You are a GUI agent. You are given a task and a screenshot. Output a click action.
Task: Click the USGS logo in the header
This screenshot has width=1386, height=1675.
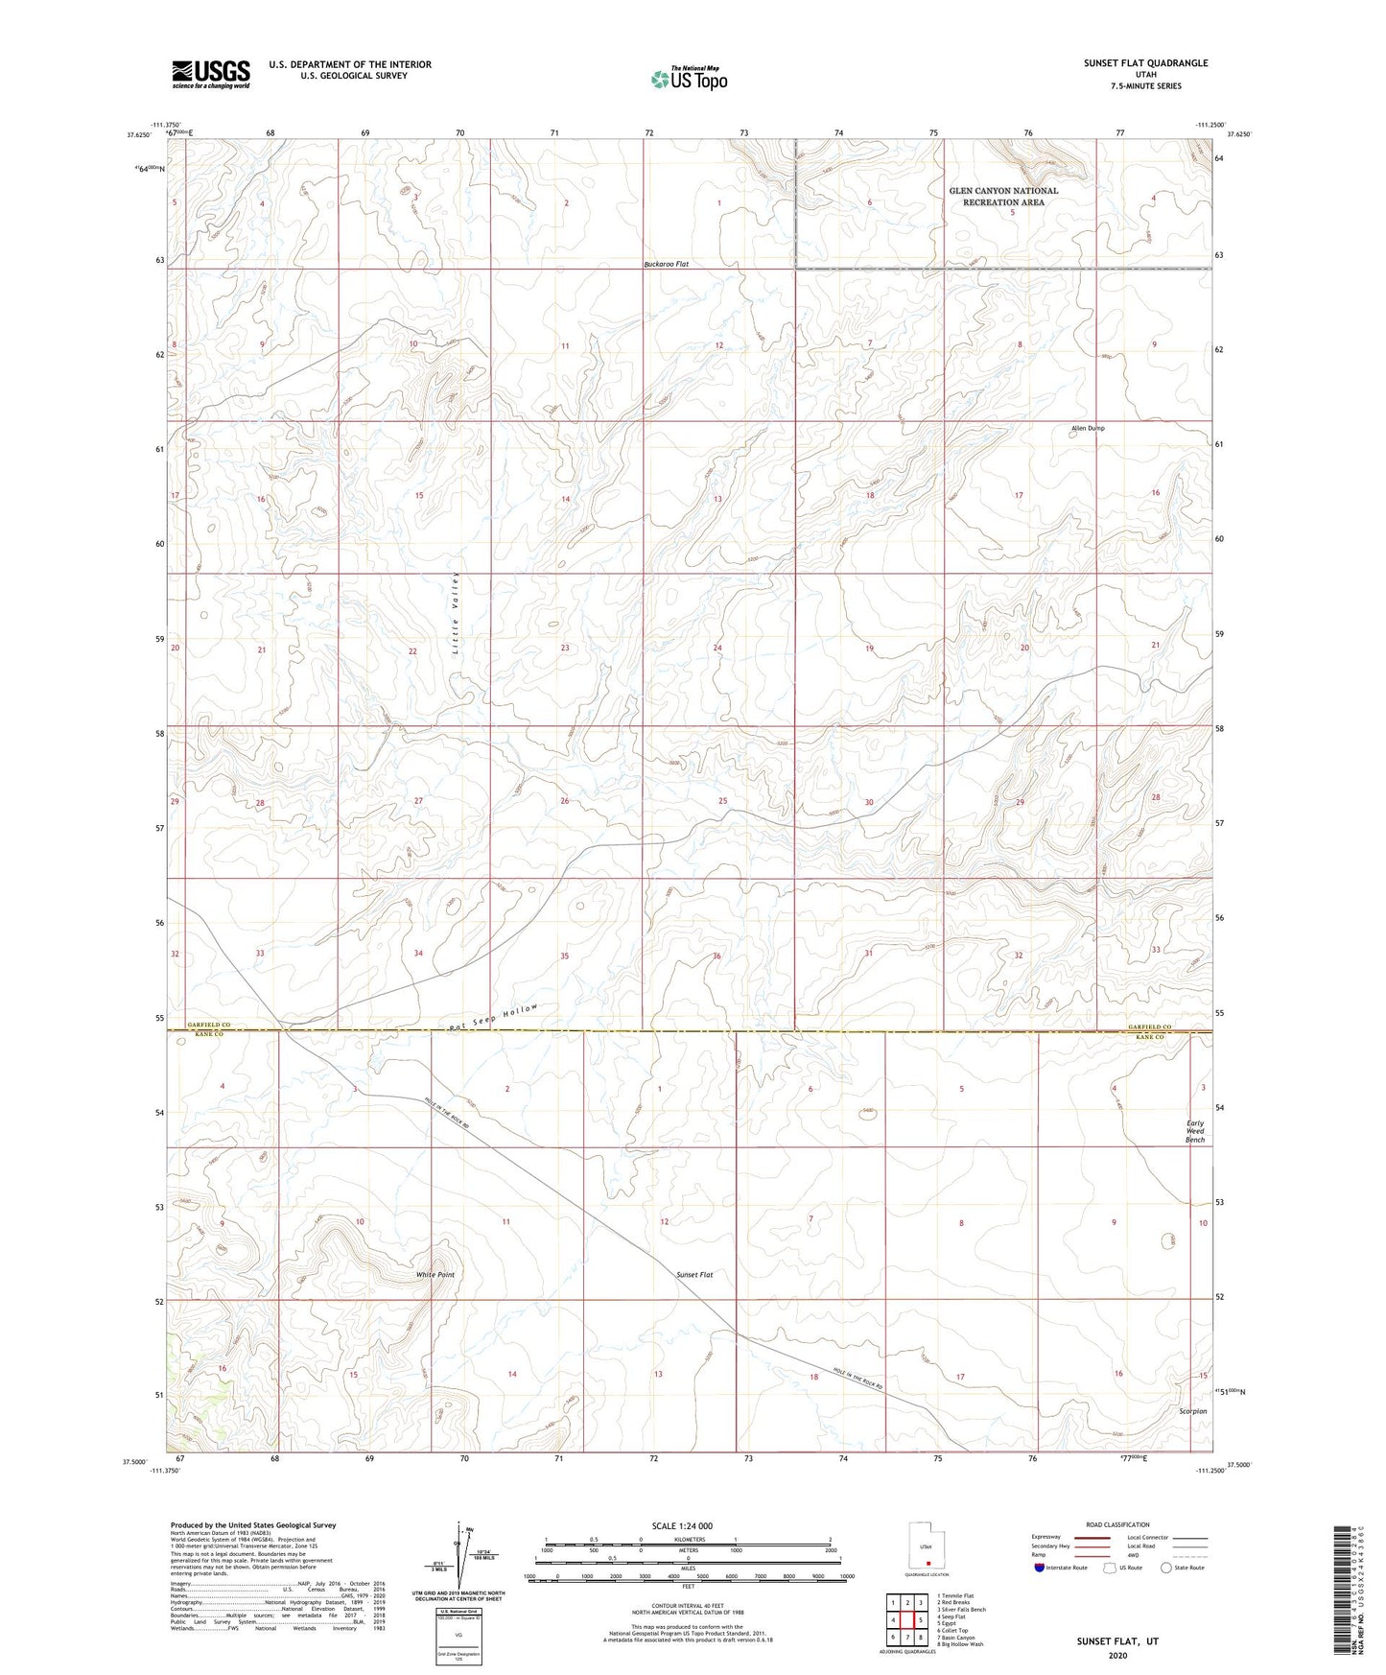[x=211, y=73]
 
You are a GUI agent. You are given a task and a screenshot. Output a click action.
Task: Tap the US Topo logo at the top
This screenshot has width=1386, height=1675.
[x=689, y=79]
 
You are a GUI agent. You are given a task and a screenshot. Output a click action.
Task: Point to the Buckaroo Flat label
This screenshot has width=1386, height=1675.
[x=666, y=264]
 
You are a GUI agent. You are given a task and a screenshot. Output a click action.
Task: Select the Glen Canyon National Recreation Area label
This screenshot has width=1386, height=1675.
[x=1003, y=197]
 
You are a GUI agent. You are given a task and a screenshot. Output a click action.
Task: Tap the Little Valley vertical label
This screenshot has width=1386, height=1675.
[x=457, y=614]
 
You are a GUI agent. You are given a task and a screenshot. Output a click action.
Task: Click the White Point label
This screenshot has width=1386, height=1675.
[x=435, y=1275]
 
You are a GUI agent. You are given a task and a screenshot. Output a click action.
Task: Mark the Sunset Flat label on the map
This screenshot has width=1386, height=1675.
[x=694, y=1275]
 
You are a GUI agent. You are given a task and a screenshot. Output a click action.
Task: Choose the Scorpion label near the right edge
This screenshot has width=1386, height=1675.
[x=1193, y=1411]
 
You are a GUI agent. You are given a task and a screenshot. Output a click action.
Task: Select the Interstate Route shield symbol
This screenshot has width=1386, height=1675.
[x=1040, y=1568]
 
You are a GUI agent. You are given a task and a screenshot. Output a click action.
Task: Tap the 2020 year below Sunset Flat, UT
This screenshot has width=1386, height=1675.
[x=1117, y=1655]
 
